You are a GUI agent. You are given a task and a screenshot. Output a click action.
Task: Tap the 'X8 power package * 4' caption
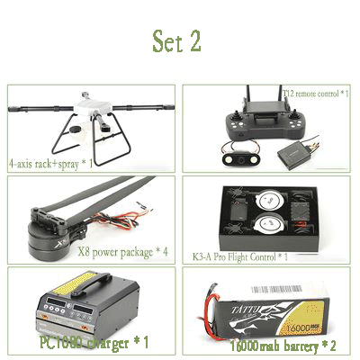[123, 252]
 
